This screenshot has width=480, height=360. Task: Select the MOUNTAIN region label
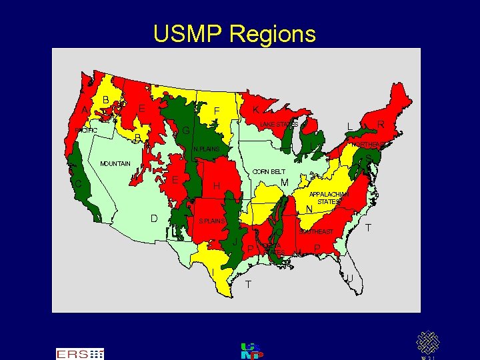115,163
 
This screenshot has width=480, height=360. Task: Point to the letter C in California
78,183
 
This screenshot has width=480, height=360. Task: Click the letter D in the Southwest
154,218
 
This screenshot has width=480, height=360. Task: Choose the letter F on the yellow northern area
217,111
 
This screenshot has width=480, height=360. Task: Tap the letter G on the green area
186,129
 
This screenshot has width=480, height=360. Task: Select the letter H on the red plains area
217,185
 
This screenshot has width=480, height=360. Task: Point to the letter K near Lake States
256,109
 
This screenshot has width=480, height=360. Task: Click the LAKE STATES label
279,125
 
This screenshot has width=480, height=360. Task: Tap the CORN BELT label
269,172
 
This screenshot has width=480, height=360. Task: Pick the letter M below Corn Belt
285,183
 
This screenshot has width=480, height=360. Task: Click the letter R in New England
380,124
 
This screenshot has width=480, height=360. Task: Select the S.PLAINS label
212,220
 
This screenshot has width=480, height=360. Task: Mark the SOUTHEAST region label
317,231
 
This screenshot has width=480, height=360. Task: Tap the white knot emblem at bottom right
427,343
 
